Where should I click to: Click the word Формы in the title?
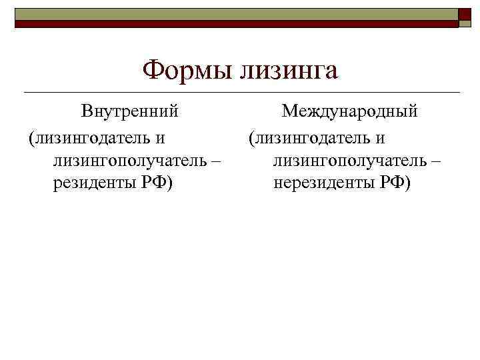183,69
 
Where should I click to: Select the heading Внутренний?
130,111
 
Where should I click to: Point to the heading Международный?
349,111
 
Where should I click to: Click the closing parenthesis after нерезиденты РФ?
409,183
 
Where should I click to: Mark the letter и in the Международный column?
381,139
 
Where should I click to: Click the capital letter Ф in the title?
155,69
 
